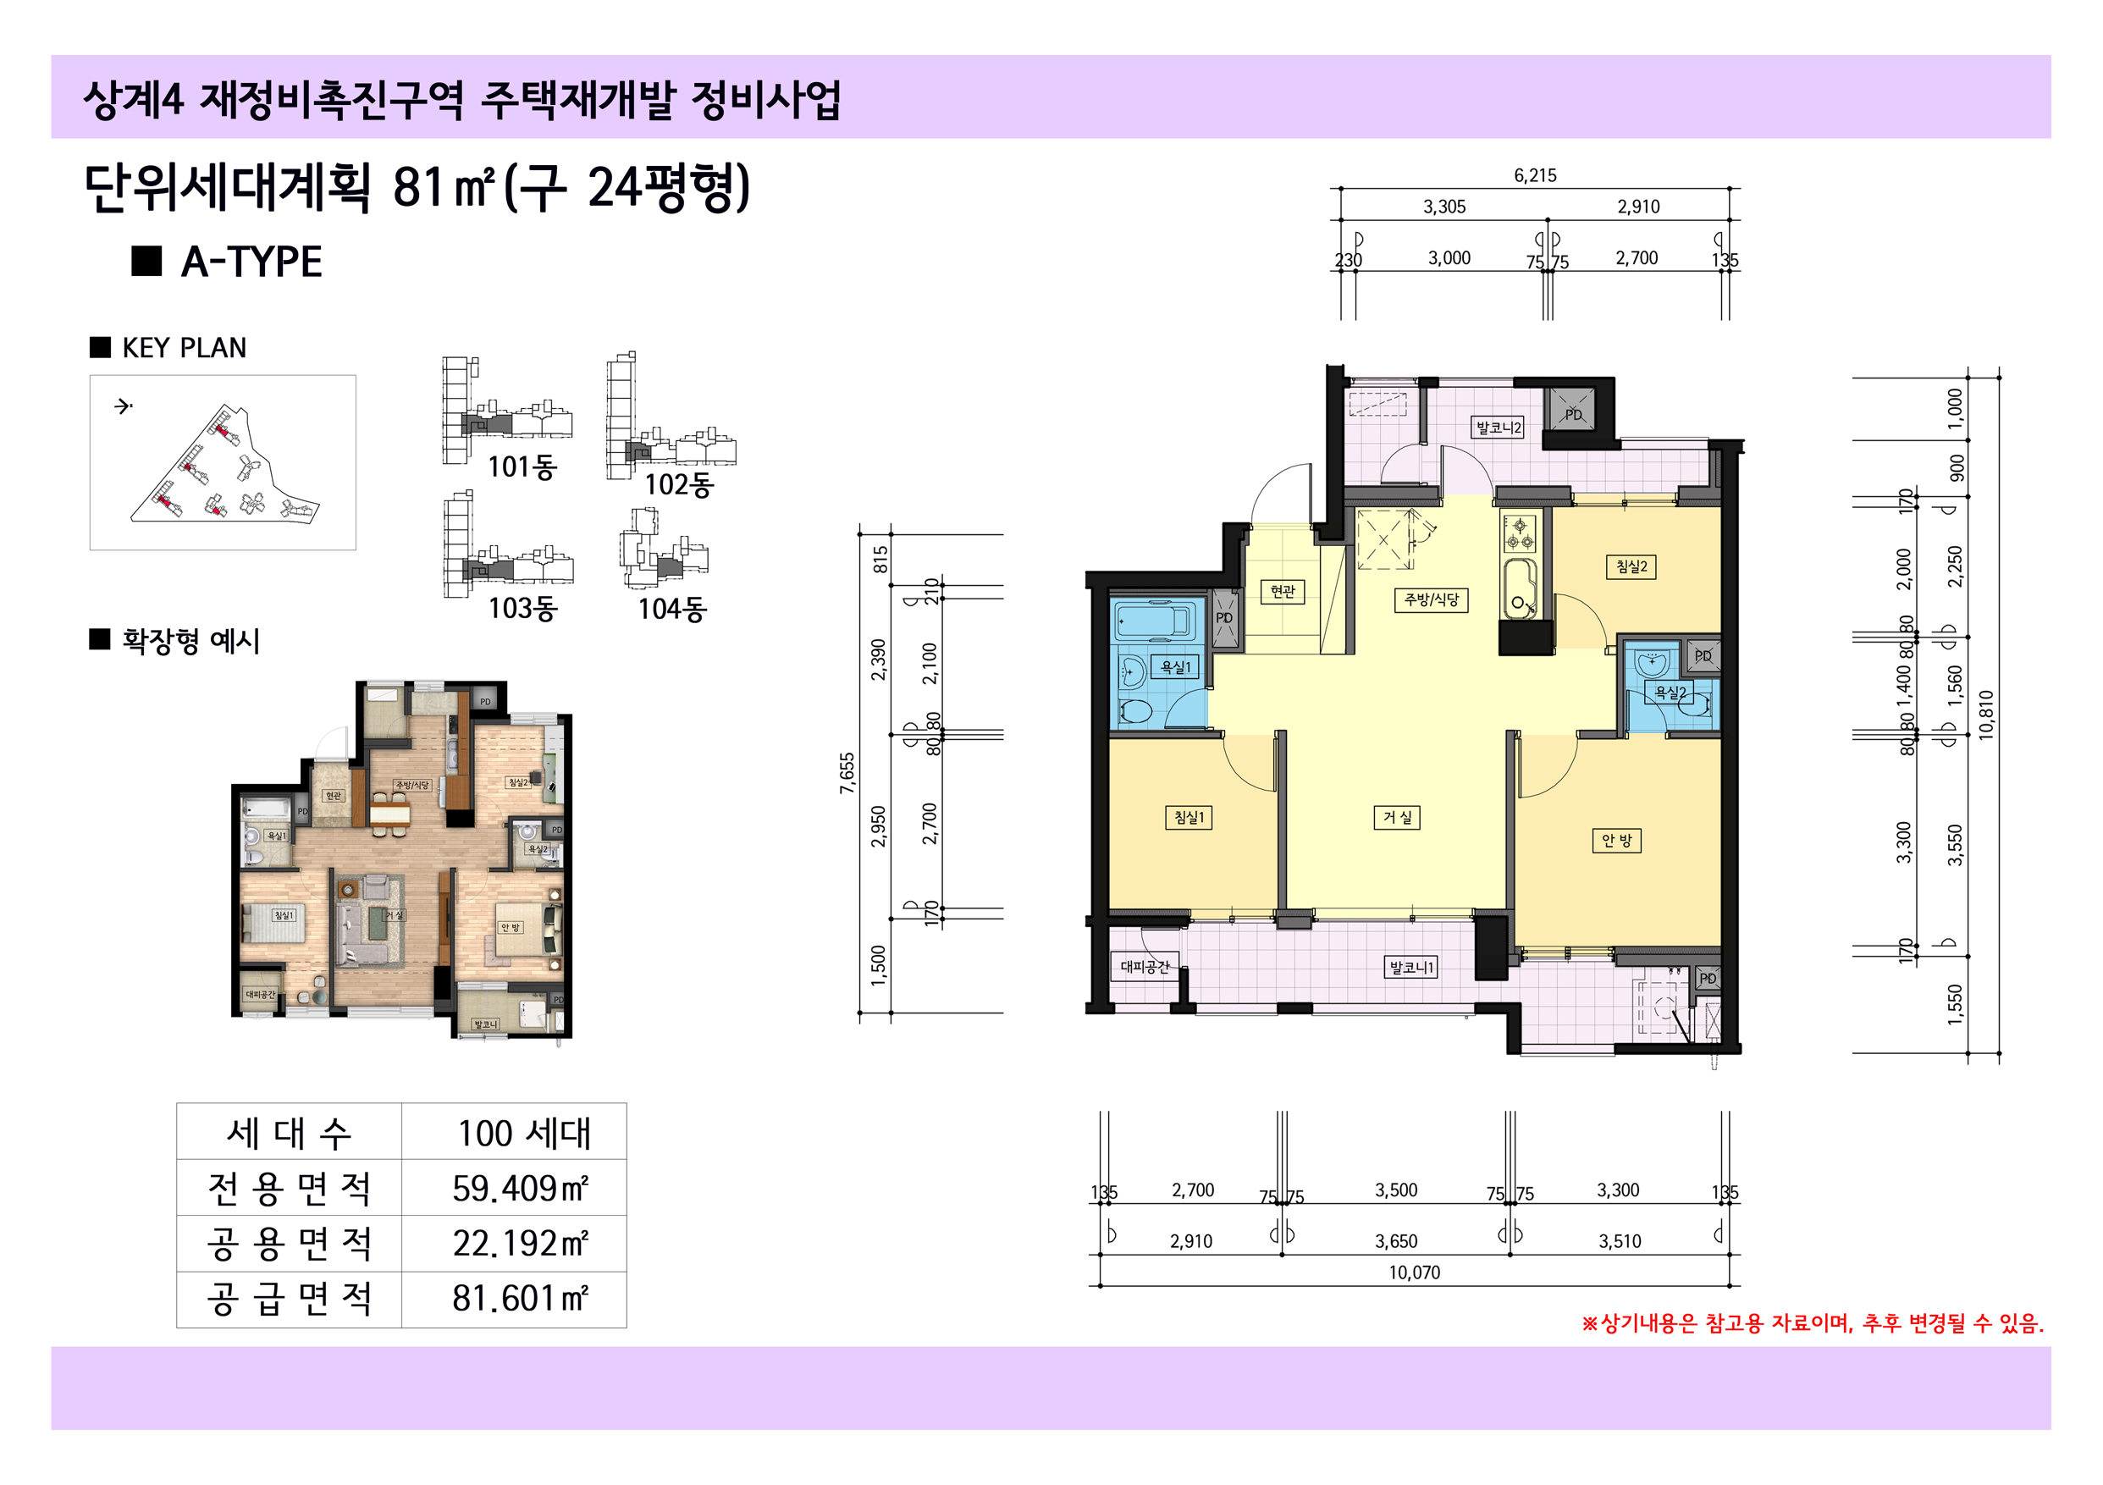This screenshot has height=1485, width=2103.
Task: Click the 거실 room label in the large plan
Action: point(1396,817)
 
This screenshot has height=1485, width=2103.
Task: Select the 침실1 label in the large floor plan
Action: point(1188,817)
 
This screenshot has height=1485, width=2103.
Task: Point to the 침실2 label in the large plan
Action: point(1631,566)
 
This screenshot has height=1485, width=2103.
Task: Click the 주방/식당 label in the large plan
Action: point(1431,600)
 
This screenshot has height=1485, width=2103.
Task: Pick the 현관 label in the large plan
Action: point(1283,592)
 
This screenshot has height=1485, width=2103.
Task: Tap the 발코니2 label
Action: point(1498,427)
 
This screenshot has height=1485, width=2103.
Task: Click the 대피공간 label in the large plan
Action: point(1144,967)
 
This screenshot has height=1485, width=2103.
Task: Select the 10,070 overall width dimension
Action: point(1413,1272)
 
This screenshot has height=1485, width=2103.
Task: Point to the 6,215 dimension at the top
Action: point(1534,175)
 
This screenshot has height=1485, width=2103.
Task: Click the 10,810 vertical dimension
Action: point(1986,715)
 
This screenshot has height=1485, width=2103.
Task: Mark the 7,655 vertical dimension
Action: point(847,772)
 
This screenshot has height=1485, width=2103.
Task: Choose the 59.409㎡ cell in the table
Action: point(518,1188)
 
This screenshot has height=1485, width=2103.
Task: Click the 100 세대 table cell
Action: point(523,1133)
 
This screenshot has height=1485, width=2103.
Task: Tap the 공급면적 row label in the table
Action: point(289,1299)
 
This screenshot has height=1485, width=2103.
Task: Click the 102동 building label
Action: point(678,483)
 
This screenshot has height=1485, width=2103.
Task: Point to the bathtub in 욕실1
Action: point(1156,621)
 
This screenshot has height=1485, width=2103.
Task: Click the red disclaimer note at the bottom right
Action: point(1812,1324)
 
